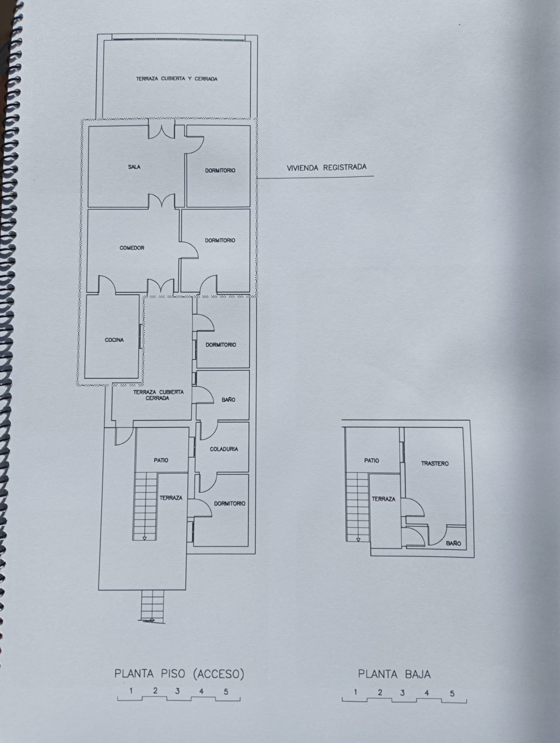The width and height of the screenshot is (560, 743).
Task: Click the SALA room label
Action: [134, 167]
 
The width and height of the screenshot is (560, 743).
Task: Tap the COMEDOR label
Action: [132, 248]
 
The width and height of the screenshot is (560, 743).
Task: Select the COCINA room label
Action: [114, 340]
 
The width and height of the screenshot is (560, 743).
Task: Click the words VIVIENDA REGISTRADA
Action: [327, 168]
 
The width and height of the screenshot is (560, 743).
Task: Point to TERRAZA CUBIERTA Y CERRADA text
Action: [177, 79]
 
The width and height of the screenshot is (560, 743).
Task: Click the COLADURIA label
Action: [224, 449]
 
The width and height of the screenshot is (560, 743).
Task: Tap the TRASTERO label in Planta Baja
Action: [435, 464]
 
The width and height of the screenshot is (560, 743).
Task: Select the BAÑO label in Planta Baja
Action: [454, 543]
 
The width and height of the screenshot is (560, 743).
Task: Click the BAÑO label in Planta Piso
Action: [228, 400]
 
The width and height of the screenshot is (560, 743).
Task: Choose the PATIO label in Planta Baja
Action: [372, 461]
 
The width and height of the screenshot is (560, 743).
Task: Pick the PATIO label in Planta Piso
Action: [161, 460]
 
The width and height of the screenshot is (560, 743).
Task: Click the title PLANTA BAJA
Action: [394, 675]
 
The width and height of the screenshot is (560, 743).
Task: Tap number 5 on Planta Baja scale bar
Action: [452, 693]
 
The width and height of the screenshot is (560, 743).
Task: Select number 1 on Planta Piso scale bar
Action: [131, 691]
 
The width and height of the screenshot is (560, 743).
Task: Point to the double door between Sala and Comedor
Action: [162, 201]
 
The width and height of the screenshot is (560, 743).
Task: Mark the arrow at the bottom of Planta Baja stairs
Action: [358, 540]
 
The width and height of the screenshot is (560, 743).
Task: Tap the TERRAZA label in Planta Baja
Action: [384, 499]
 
